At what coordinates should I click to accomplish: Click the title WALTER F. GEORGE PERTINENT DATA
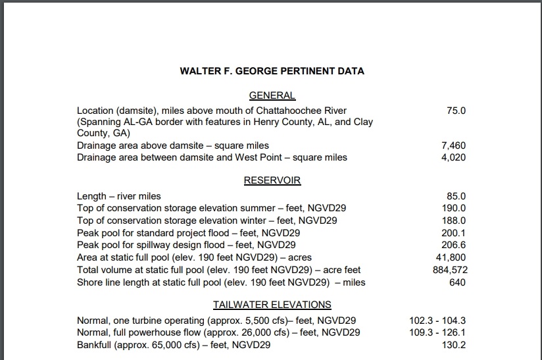[x=272, y=70]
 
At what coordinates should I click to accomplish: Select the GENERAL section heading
[x=272, y=95]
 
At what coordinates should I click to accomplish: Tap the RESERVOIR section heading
[x=272, y=180]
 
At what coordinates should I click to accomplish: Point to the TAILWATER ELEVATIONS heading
[x=272, y=305]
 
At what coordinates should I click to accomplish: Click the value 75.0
[x=456, y=111]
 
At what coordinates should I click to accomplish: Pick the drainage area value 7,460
[x=453, y=145]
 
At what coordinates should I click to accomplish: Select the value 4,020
[x=453, y=157]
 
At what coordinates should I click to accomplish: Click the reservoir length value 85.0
[x=456, y=196]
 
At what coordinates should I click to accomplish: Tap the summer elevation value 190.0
[x=453, y=208]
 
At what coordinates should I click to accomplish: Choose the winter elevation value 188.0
[x=453, y=220]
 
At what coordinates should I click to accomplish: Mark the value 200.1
[x=453, y=233]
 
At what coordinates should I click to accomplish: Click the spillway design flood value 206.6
[x=453, y=245]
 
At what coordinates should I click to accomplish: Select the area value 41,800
[x=451, y=257]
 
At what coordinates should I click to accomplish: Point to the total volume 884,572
[x=448, y=270]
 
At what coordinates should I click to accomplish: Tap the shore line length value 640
[x=457, y=282]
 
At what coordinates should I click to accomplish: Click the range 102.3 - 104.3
[x=437, y=321]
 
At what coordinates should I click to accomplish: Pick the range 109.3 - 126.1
[x=437, y=332]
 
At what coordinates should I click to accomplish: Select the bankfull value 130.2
[x=453, y=345]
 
